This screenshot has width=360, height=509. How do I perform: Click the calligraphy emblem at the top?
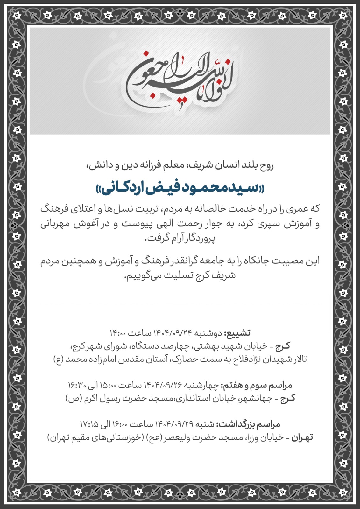click(180, 80)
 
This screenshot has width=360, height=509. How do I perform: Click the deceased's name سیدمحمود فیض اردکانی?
click(180, 188)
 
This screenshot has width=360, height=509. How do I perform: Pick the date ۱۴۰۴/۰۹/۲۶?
click(163, 385)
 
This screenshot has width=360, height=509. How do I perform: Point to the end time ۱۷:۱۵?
click(89, 424)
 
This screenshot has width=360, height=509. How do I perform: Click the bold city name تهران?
click(302, 438)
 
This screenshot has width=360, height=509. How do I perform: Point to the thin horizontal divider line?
click(180, 304)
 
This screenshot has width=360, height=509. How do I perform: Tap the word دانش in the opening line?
click(97, 165)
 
